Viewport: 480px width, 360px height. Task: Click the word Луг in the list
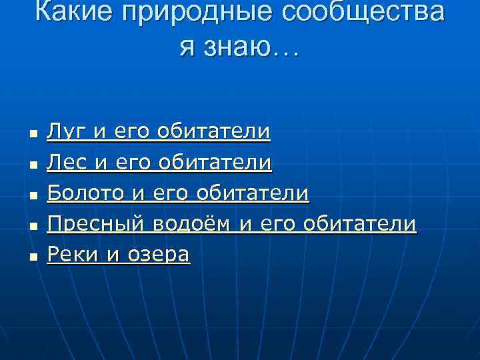click(67, 132)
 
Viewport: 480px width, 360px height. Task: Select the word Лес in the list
click(67, 163)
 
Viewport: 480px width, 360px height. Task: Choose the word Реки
click(71, 255)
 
